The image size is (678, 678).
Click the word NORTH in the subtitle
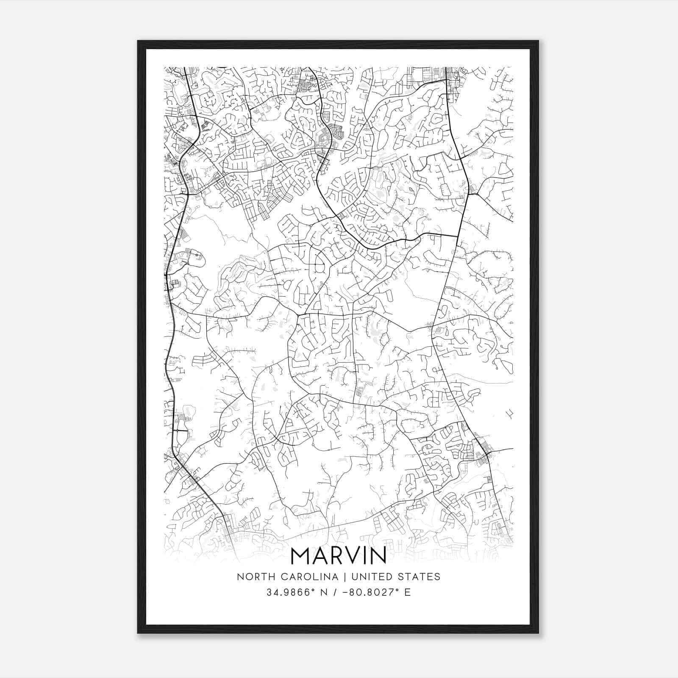pyautogui.click(x=252, y=577)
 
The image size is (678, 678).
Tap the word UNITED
pyautogui.click(x=372, y=577)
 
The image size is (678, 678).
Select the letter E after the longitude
pyautogui.click(x=408, y=592)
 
